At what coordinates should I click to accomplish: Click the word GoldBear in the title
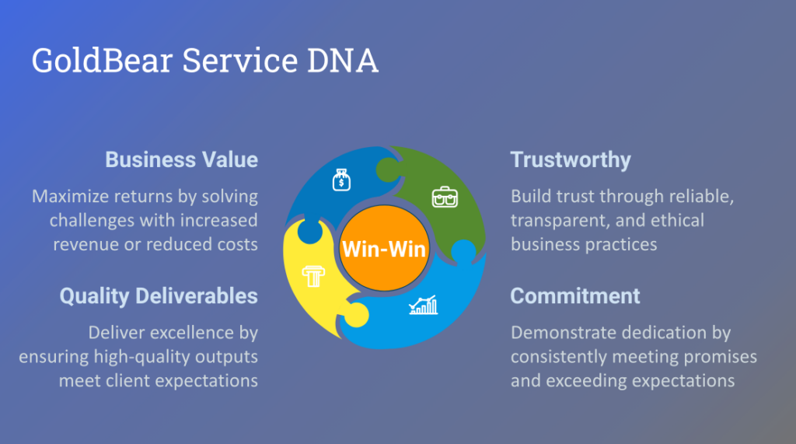tap(102, 61)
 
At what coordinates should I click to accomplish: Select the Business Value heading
tap(181, 160)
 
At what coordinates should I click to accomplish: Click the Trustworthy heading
tap(571, 160)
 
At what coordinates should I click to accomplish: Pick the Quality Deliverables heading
tap(159, 296)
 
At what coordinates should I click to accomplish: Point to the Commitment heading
tap(575, 296)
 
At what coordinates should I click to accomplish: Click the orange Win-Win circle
tap(384, 248)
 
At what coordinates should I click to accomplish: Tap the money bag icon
tap(341, 180)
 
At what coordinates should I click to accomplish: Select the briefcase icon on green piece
tap(445, 197)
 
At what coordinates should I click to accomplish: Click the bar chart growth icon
tap(424, 305)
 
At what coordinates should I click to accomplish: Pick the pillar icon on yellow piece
tap(313, 276)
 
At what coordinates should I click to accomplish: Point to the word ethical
tap(678, 221)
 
